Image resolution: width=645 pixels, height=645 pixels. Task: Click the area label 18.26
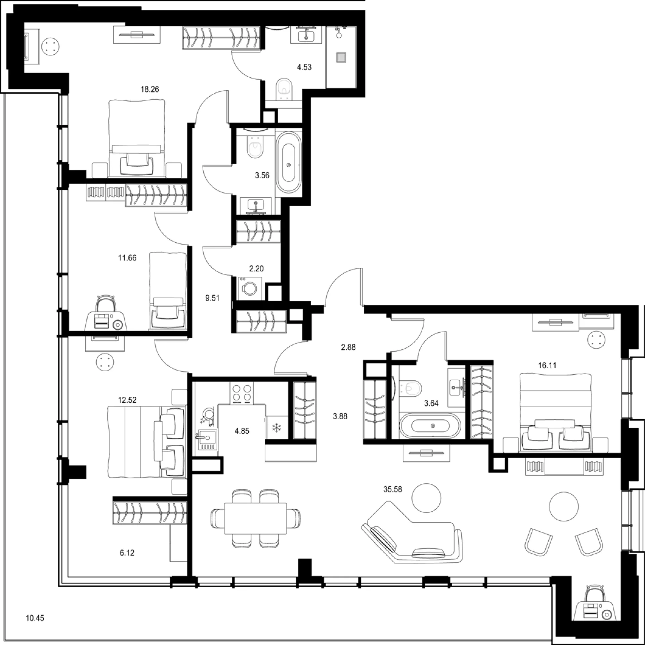point(150,89)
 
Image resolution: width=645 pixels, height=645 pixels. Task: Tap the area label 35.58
point(393,489)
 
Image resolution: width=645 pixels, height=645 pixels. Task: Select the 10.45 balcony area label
point(35,618)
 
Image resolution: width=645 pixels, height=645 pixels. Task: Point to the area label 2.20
point(256,269)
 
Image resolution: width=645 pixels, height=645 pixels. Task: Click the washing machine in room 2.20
point(250,288)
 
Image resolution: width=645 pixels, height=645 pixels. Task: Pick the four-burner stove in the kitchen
point(242,393)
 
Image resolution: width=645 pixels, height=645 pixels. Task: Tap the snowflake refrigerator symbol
point(277,428)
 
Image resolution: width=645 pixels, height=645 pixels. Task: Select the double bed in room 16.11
point(555,413)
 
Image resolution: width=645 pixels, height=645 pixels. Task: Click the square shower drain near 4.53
point(341,57)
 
